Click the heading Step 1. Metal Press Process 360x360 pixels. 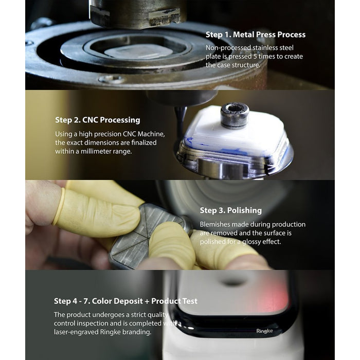pyautogui.click(x=256, y=34)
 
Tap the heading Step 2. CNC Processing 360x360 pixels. pyautogui.click(x=98, y=120)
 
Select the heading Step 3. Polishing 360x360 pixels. pyautogui.click(x=231, y=210)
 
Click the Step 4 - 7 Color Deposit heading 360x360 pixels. pyautogui.click(x=125, y=301)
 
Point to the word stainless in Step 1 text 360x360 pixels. pyautogui.click(x=264, y=48)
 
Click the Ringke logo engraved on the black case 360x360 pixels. pyautogui.click(x=264, y=331)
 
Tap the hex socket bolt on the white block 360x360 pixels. pyautogui.click(x=235, y=115)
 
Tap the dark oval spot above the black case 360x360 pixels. pyautogui.click(x=232, y=282)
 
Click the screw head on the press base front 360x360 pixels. pyautogui.click(x=112, y=79)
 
